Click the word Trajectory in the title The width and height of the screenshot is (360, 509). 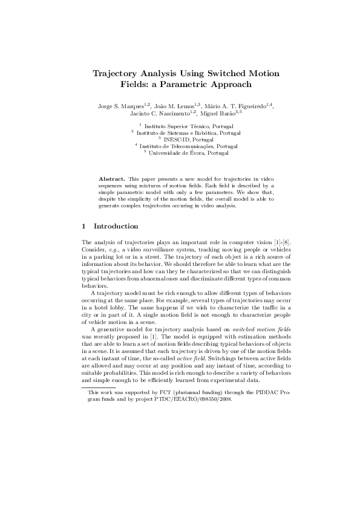(x=115, y=73)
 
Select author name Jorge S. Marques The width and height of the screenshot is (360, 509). (x=120, y=106)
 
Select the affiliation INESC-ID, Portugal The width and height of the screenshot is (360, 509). (x=183, y=140)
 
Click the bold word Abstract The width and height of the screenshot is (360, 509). (x=111, y=180)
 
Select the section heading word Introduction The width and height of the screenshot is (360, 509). (x=116, y=226)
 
